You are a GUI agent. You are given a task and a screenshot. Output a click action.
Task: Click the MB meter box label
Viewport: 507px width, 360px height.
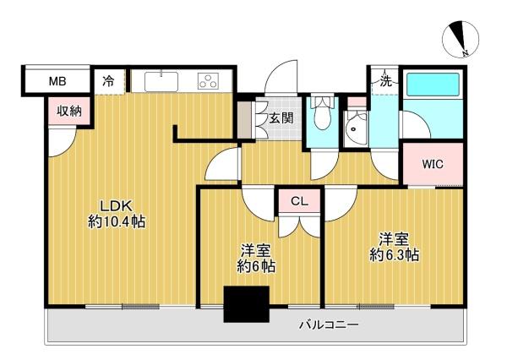coord(57,81)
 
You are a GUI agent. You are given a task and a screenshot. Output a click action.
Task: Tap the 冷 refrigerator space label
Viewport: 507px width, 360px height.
coord(109,81)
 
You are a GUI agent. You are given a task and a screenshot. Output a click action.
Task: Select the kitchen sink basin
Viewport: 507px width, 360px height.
coord(161,82)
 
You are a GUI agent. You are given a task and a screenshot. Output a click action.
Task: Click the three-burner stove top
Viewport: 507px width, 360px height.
coord(208,81)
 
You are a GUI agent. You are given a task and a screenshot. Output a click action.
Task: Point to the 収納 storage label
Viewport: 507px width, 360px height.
coord(69,111)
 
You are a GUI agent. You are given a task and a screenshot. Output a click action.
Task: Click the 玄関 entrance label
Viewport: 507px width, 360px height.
coord(281,118)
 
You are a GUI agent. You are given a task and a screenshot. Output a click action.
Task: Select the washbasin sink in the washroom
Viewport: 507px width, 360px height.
coord(356,128)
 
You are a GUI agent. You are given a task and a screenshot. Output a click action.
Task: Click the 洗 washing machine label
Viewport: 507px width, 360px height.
coord(385,81)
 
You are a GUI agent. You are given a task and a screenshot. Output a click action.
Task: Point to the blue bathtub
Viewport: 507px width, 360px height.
coord(433,85)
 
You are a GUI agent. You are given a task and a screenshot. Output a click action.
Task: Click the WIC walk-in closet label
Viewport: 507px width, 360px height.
coord(433,164)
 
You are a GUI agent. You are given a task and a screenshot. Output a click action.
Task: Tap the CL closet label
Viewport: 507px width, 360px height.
coord(299,201)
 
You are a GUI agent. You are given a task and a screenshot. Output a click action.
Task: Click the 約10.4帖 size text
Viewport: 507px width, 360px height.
coord(117,222)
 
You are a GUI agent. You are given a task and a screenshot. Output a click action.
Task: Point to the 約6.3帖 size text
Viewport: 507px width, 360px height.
coord(394,255)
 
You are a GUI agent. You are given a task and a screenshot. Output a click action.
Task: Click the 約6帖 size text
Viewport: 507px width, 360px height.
coord(256,266)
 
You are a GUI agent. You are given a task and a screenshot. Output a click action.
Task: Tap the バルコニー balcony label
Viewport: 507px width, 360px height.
coord(329,325)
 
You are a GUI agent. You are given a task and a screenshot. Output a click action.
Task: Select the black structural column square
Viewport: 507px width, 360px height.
coord(247,304)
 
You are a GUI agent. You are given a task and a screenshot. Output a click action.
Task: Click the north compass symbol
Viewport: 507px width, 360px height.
coord(461,40)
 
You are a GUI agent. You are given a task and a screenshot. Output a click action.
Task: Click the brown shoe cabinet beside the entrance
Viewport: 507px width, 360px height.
coord(244,120)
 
